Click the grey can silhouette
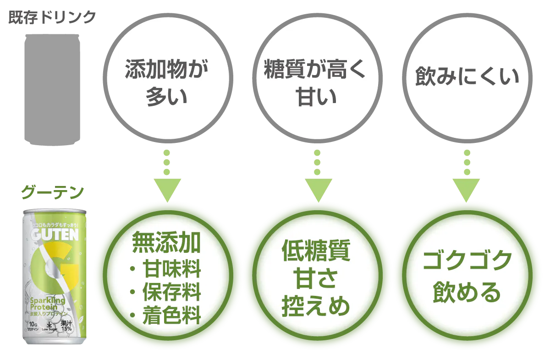51,89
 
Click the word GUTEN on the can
52,235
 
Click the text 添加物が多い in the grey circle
166,84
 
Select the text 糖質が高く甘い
315,84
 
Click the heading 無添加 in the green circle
166,243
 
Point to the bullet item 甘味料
171,269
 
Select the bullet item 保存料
171,292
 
